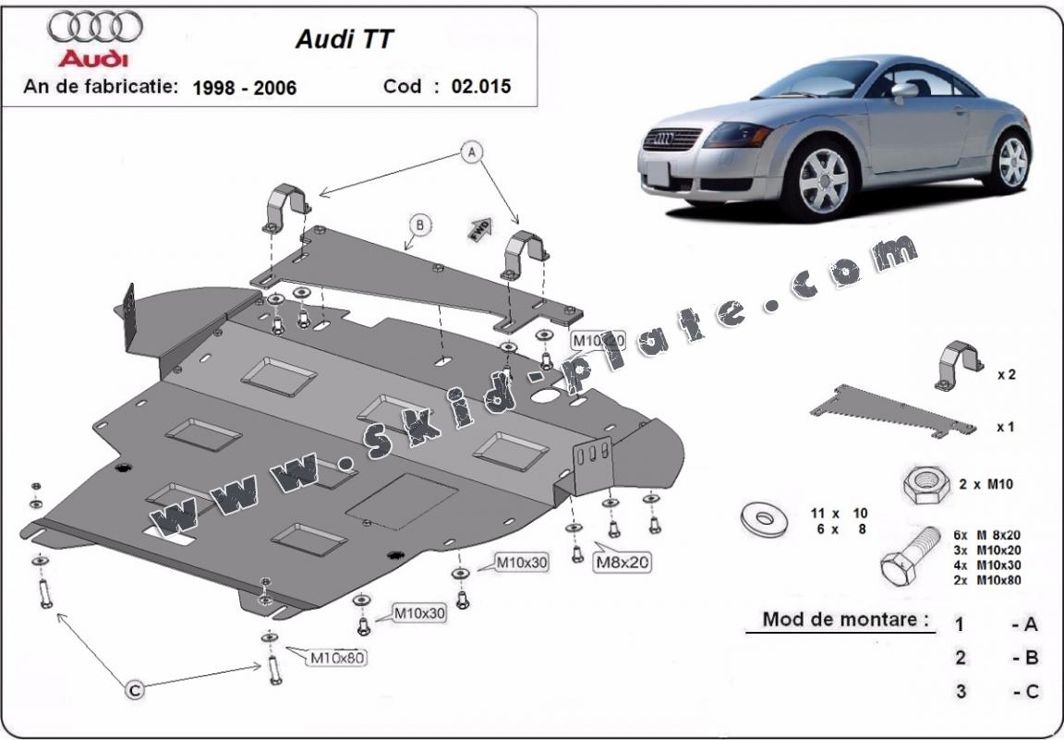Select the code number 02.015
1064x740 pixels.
point(480,87)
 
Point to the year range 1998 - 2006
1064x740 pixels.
point(245,88)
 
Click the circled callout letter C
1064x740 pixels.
point(135,689)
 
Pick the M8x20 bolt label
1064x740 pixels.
point(622,561)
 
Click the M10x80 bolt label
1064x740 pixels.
point(337,658)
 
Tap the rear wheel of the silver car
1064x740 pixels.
point(1013,160)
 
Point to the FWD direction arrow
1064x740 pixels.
point(479,229)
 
